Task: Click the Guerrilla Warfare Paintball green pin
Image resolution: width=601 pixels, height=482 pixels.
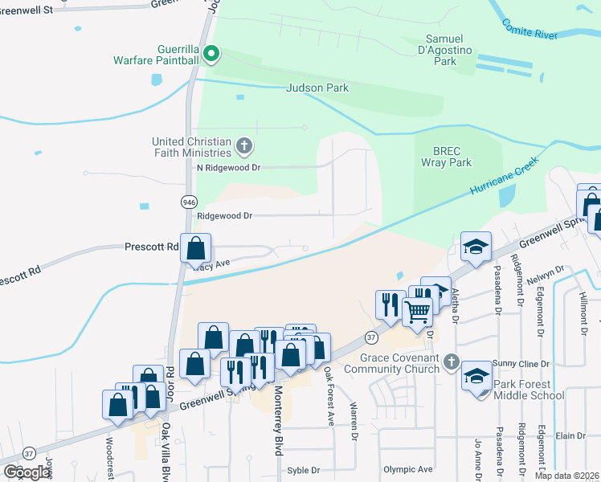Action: (x=211, y=55)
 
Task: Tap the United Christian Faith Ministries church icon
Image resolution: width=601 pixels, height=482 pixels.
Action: (x=245, y=148)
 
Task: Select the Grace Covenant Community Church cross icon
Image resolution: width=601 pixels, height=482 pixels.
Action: (x=452, y=363)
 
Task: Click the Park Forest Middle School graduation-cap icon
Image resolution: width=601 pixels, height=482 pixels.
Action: (x=476, y=375)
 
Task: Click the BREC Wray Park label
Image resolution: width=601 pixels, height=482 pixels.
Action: (x=446, y=156)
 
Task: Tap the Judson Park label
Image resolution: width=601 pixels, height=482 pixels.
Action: (x=317, y=88)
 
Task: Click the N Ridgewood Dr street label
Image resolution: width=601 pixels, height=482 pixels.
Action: (x=229, y=168)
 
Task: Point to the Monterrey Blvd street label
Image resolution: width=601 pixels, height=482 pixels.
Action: (x=278, y=418)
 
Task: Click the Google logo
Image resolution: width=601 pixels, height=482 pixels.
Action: (x=27, y=472)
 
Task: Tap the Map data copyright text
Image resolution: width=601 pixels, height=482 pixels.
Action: (x=567, y=476)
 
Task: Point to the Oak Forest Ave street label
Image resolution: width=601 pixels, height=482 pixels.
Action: (x=329, y=396)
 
